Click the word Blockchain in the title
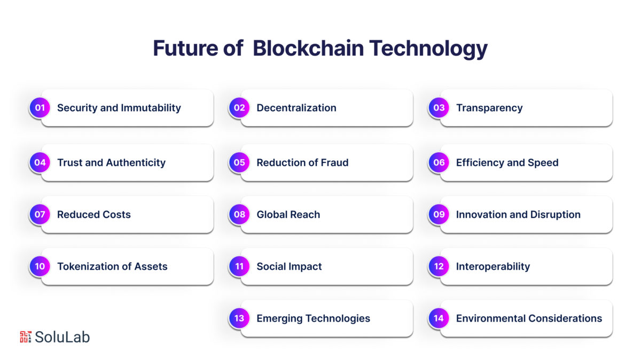[x=308, y=48]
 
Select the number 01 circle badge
[x=40, y=107]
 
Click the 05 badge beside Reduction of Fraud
[x=239, y=162]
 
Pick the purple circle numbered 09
[x=439, y=214]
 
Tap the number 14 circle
[x=439, y=318]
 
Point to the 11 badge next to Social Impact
[x=239, y=267]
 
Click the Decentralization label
[x=296, y=108]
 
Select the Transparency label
[x=489, y=108]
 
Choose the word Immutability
[x=151, y=108]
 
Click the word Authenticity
[x=136, y=163]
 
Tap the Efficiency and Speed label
[x=507, y=163]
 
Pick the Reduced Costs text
[x=94, y=215]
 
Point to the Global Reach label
[x=288, y=215]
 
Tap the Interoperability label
[x=493, y=267]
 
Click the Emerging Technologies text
[x=313, y=319]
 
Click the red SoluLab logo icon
[x=26, y=337]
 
